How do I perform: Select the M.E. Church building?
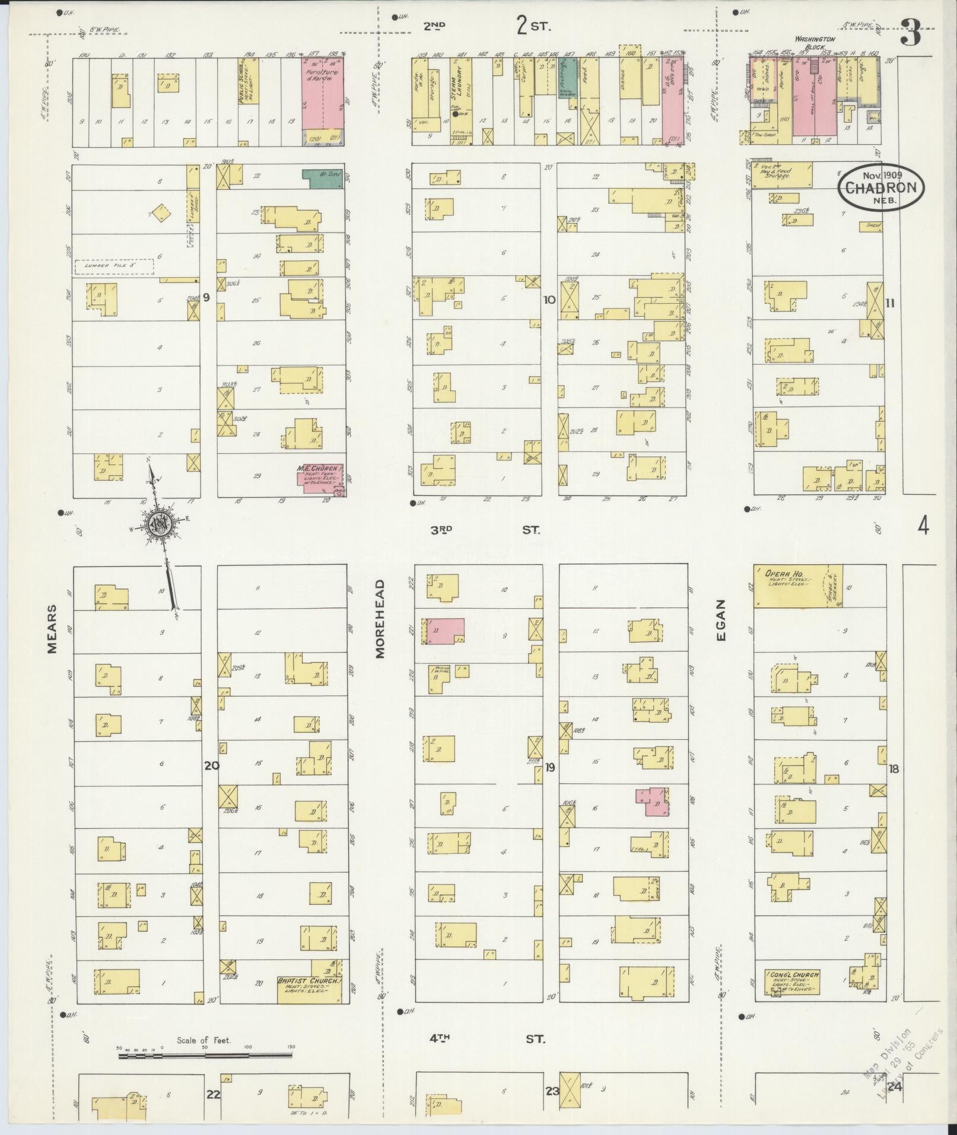click(x=320, y=479)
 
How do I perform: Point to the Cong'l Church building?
click(x=793, y=984)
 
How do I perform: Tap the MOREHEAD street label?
click(x=380, y=618)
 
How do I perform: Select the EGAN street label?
click(x=721, y=627)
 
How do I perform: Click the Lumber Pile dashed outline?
click(x=115, y=267)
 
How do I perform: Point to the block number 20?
click(x=211, y=765)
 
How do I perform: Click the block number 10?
click(x=549, y=300)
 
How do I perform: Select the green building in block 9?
click(x=322, y=178)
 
